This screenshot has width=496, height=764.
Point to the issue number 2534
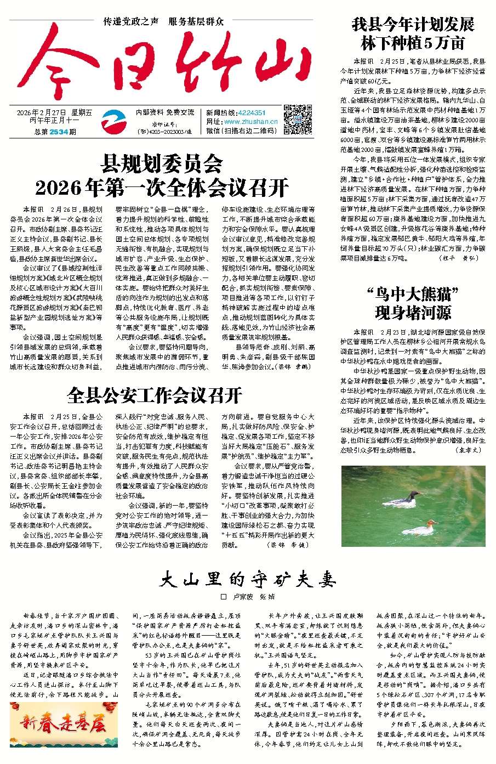click(58, 132)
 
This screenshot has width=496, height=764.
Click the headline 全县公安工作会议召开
click(155, 394)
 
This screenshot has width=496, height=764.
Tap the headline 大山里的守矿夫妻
click(248, 579)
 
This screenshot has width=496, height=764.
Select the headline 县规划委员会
click(162, 163)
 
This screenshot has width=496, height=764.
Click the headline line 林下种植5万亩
click(413, 43)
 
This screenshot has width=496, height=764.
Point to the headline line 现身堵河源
click(413, 313)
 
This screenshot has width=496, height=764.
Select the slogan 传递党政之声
click(132, 22)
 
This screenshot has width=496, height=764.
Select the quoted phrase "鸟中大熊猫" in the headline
click(413, 294)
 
